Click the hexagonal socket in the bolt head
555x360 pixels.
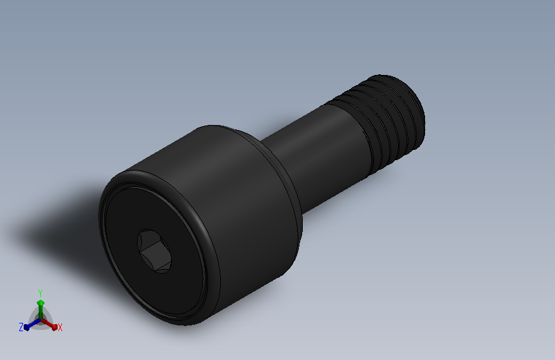[154, 252]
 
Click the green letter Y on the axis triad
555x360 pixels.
[40, 292]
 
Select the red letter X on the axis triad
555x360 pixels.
[60, 327]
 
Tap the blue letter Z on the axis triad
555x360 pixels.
[21, 327]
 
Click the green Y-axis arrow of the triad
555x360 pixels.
[40, 304]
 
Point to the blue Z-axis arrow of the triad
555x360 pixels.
[29, 325]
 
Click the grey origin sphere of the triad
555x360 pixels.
[40, 320]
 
